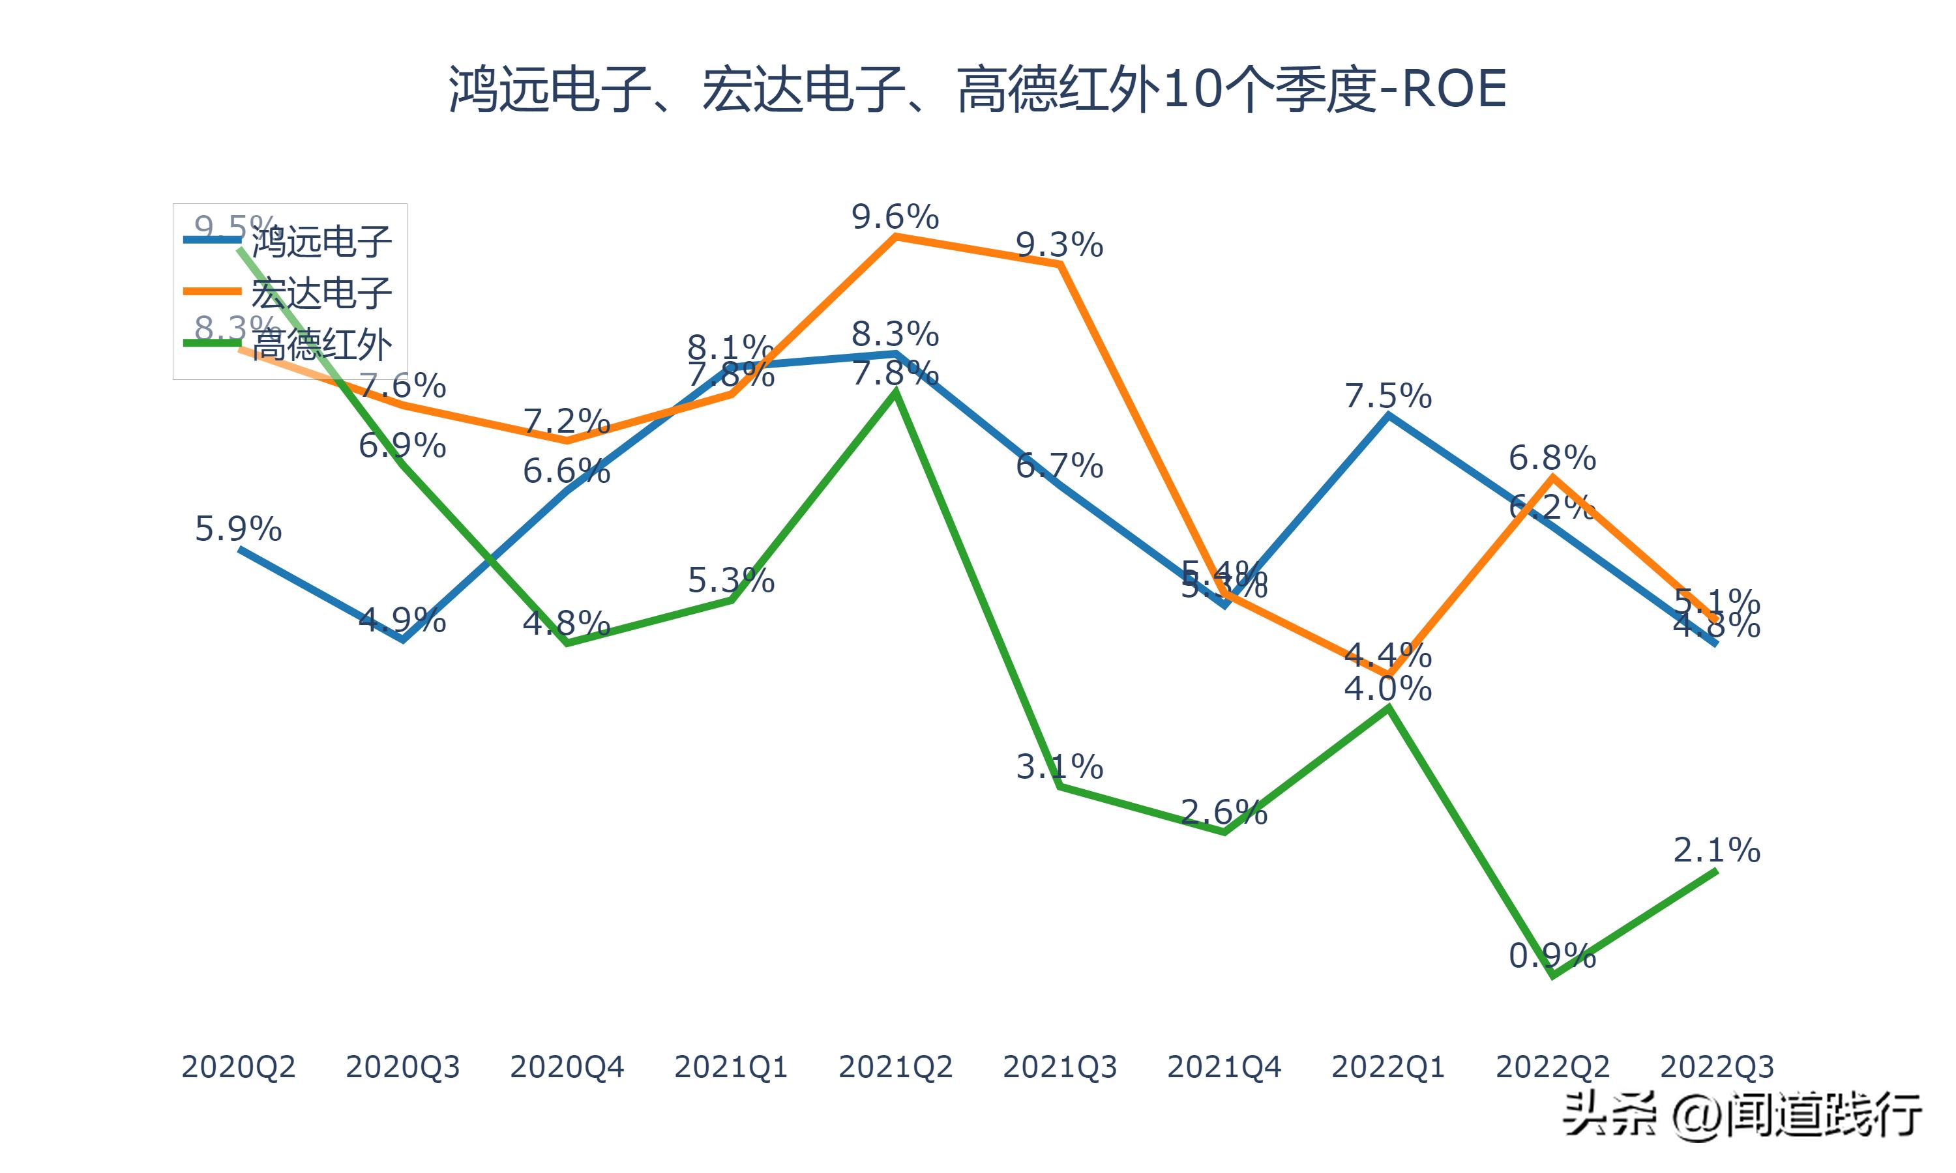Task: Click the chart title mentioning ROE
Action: click(x=977, y=89)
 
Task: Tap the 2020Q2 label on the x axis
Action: click(x=238, y=1067)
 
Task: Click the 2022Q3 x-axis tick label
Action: click(x=1717, y=1067)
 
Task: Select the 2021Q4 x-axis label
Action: click(x=1224, y=1067)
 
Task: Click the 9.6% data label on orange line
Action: click(x=895, y=216)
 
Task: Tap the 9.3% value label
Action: click(x=1059, y=246)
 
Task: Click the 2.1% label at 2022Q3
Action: click(x=1717, y=850)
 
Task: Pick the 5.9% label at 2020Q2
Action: click(x=238, y=529)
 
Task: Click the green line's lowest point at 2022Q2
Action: click(x=1553, y=976)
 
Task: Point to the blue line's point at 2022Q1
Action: click(x=1388, y=416)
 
